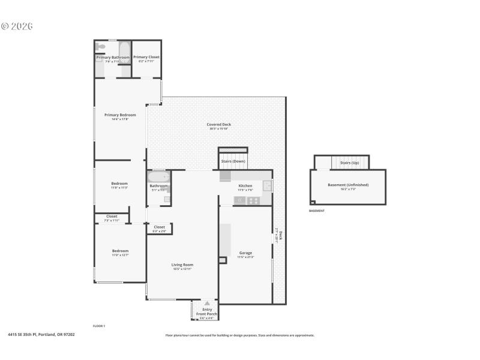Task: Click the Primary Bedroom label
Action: point(120,115)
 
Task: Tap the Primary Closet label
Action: point(146,57)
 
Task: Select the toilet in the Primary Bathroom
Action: point(101,46)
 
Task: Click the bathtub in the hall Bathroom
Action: point(159,177)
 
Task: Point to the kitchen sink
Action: point(266,186)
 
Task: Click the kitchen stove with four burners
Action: point(254,200)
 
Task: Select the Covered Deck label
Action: point(219,125)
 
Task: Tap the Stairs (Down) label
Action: point(233,161)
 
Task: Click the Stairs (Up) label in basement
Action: point(349,163)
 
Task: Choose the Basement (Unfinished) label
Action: point(348,185)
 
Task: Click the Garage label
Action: point(245,253)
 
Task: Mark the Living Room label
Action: point(182,265)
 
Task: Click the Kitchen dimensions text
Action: point(245,190)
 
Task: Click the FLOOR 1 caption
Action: point(99,325)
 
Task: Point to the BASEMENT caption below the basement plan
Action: point(317,211)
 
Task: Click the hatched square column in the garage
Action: point(223,260)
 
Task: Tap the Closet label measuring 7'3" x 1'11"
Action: point(112,216)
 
